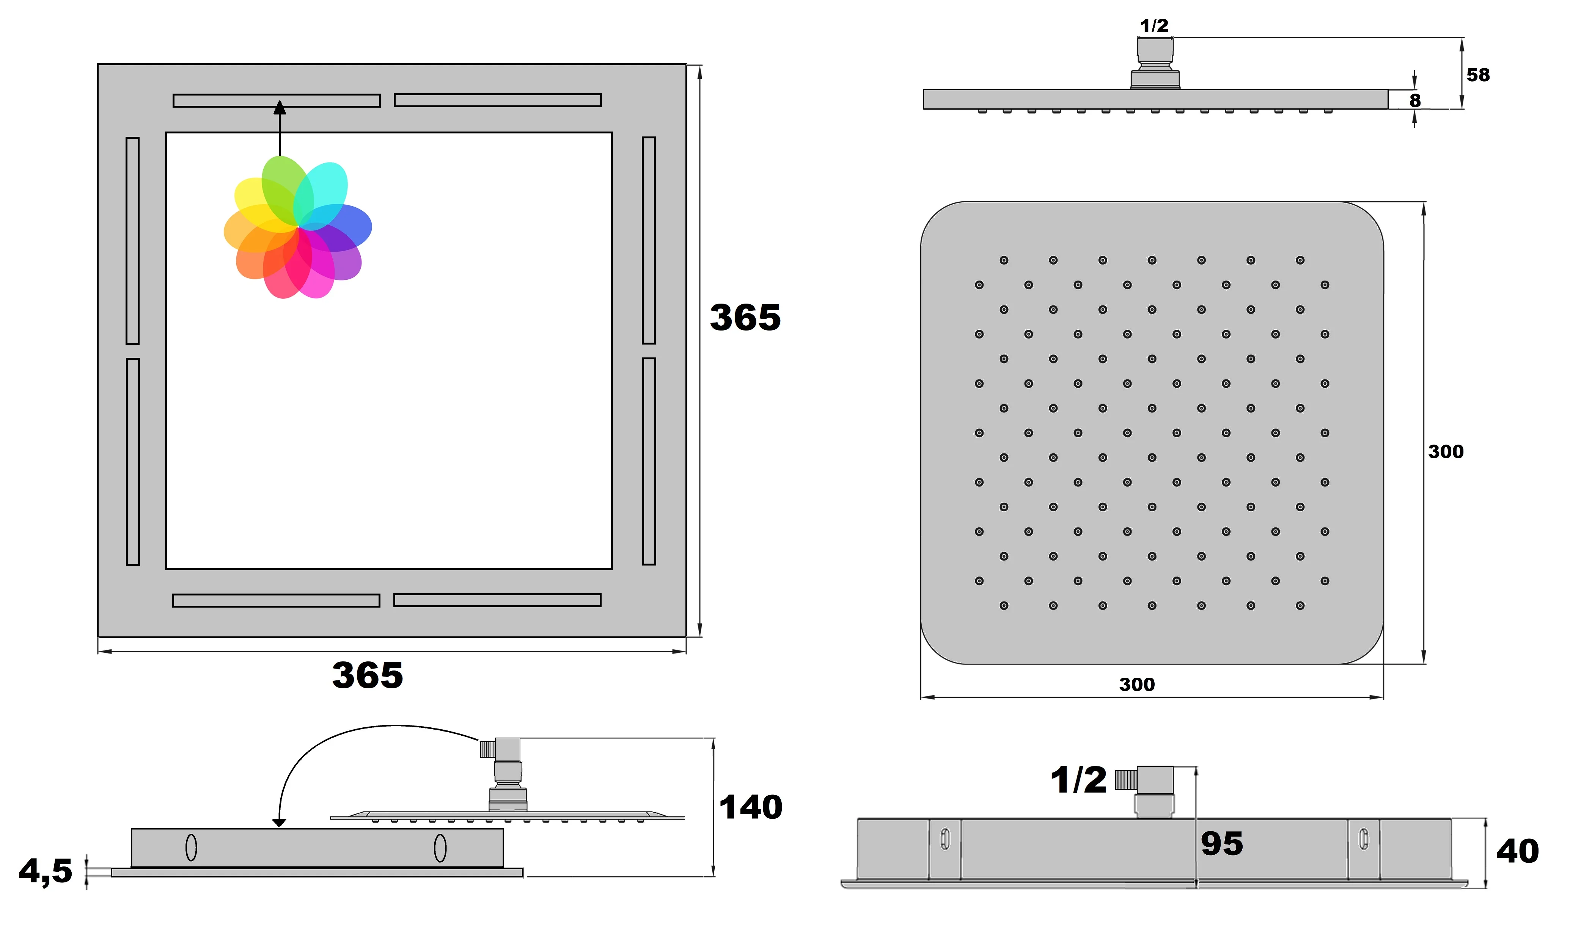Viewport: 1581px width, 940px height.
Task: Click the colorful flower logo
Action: [x=297, y=227]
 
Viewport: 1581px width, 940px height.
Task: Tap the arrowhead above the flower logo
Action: [x=280, y=108]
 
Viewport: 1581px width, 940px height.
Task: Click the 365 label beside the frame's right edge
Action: [x=745, y=317]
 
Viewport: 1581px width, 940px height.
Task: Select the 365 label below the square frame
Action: [x=367, y=675]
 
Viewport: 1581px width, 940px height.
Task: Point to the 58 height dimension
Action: [x=1478, y=75]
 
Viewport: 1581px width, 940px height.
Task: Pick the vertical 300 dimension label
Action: [x=1445, y=452]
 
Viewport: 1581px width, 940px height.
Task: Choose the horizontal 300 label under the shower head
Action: [x=1136, y=684]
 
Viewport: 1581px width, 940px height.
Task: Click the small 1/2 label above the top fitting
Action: [x=1154, y=26]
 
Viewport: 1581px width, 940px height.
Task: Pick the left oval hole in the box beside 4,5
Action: [x=191, y=848]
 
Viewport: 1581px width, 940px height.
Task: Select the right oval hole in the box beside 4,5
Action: [x=440, y=848]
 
